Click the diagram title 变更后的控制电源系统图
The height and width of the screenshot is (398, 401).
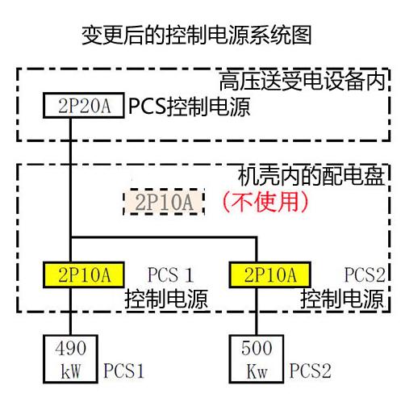point(197,36)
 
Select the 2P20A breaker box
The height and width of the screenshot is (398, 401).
point(84,105)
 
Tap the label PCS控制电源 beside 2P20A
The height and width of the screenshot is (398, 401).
point(190,107)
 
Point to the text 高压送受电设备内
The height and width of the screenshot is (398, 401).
point(302,82)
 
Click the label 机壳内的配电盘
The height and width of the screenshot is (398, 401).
point(311,176)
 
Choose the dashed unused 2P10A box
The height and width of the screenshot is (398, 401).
point(164,202)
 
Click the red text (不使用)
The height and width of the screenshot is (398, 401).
point(265,202)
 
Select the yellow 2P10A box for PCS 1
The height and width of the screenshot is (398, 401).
point(84,274)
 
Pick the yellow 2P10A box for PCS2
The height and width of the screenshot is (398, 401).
point(270,274)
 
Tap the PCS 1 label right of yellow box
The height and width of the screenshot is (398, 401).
point(171,275)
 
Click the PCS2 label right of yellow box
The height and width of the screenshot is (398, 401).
point(365,275)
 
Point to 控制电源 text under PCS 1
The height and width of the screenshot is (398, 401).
point(166,299)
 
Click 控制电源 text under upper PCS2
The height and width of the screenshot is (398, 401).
point(342,299)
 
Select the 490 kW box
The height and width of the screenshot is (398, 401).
point(70,358)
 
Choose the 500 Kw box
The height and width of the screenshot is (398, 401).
point(257,358)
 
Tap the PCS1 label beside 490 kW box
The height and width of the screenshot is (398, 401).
point(123,371)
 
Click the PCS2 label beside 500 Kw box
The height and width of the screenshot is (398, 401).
point(310,371)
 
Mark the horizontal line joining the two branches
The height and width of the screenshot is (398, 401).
point(164,237)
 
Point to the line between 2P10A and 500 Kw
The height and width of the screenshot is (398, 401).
point(257,312)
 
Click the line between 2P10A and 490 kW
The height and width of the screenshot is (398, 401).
point(70,312)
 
